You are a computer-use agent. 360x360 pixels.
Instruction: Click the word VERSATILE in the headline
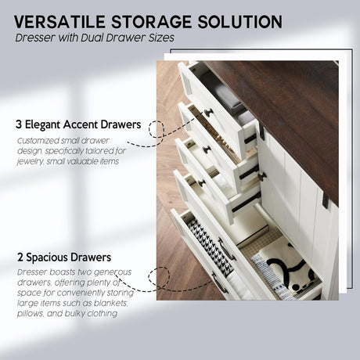(x=59, y=22)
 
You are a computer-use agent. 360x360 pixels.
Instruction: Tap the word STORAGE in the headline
(x=151, y=22)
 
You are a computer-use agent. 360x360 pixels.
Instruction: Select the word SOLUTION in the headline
(x=240, y=22)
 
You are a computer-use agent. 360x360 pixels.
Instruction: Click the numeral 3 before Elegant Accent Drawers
(x=19, y=124)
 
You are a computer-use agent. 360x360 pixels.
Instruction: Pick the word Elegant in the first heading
(x=43, y=125)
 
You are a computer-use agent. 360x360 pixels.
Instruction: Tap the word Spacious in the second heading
(x=47, y=257)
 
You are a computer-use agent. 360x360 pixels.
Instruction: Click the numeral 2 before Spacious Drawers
(x=20, y=257)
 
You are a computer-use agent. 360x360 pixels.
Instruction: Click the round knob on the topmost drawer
(x=209, y=113)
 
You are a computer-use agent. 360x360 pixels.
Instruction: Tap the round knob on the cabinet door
(x=262, y=177)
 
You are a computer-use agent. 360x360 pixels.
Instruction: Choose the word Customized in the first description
(x=38, y=141)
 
